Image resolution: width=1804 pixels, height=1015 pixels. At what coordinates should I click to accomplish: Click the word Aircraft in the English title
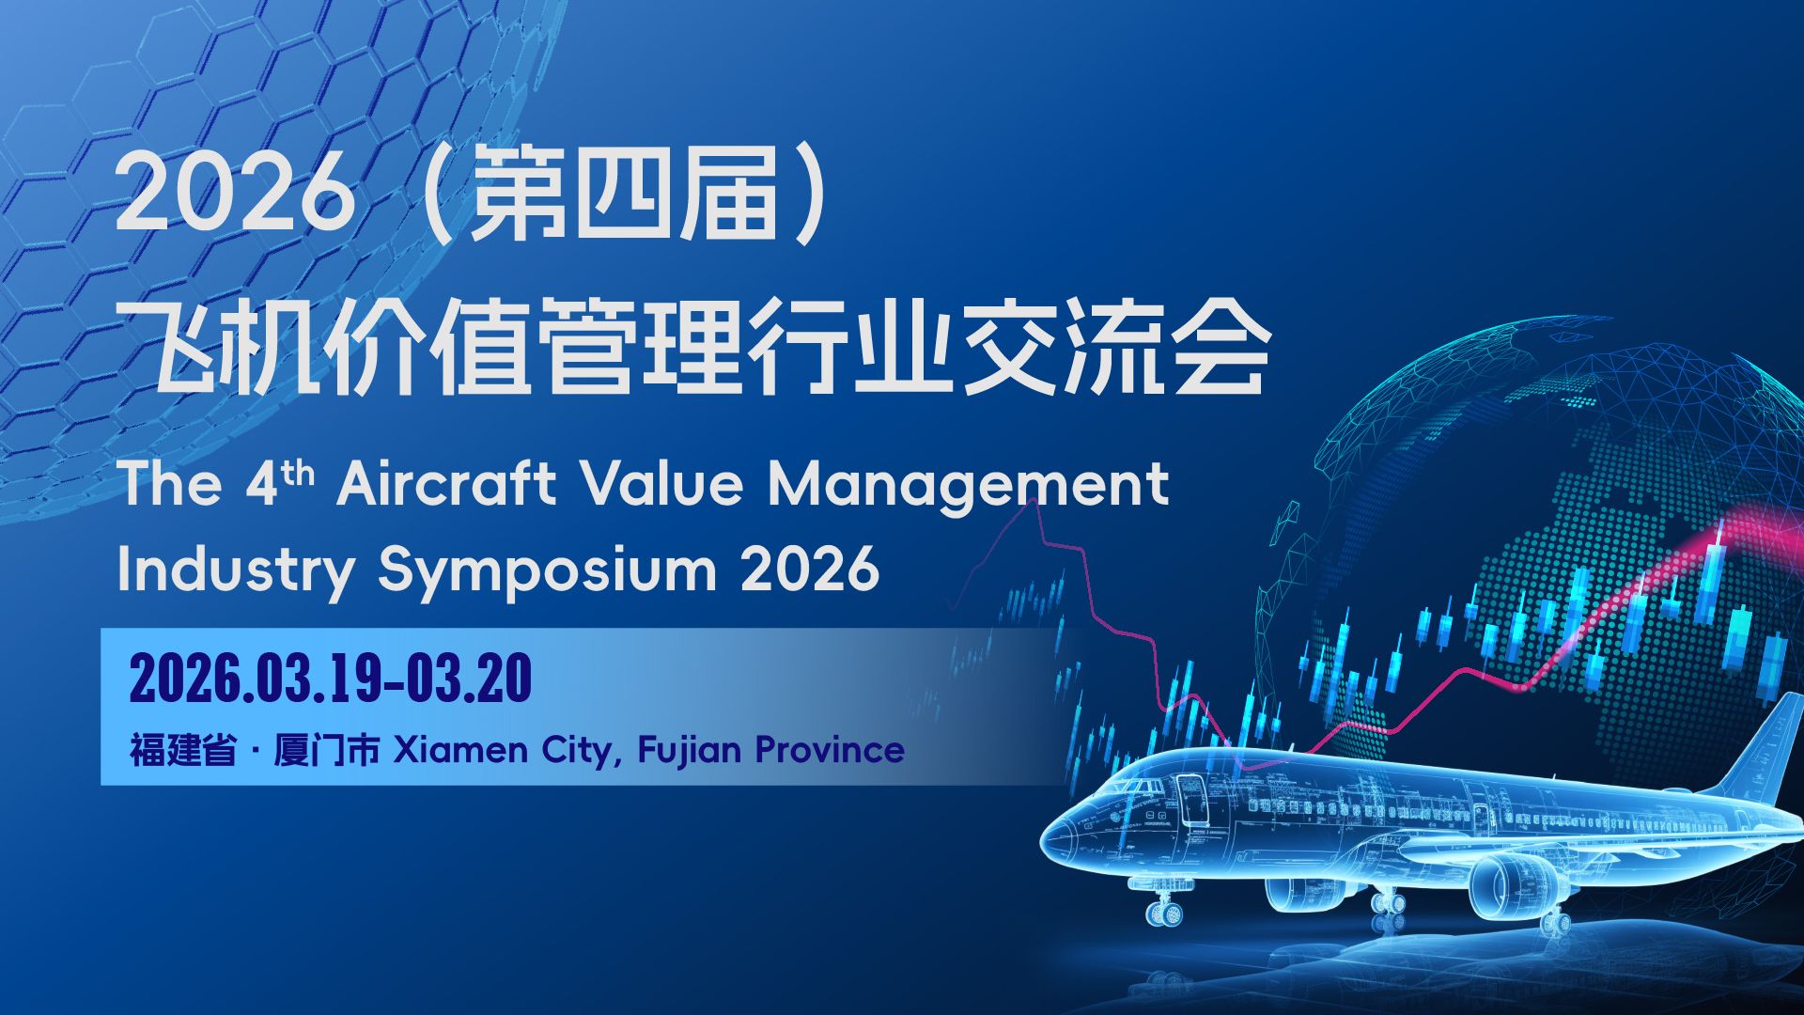coord(446,483)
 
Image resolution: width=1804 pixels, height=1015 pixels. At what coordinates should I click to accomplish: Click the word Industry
coord(236,570)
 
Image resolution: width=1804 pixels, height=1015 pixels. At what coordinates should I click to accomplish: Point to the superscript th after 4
coord(297,473)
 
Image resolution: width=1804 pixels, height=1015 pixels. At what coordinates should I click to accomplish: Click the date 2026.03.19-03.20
coord(331,679)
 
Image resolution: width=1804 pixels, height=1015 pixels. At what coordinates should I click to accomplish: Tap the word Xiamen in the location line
coord(460,750)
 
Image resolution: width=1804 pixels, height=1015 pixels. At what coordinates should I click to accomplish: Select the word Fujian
coord(690,751)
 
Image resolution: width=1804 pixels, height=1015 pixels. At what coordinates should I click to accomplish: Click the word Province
coord(830,750)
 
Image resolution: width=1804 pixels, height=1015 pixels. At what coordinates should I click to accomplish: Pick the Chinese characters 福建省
coord(183,751)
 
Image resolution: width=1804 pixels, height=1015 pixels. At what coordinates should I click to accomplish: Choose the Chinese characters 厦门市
coord(327,751)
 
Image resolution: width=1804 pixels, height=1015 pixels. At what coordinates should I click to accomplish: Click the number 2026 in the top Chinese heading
coord(235,193)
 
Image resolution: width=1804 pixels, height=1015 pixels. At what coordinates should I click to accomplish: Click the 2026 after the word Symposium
coord(810,570)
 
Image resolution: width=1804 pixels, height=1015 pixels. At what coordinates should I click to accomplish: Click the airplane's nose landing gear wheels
coord(1164,912)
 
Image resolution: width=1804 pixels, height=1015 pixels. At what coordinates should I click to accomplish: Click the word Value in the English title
coord(661,483)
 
